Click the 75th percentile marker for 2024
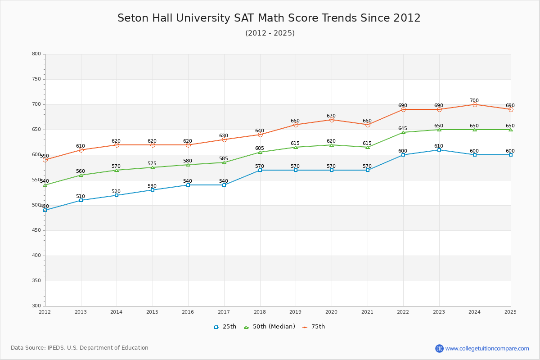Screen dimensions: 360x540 475,104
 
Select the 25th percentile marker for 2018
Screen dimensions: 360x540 260,170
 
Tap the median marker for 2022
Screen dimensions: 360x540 403,132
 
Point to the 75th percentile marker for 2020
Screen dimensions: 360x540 332,120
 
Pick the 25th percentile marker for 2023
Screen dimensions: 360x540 439,150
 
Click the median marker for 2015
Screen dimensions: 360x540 153,167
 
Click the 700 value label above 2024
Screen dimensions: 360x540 474,101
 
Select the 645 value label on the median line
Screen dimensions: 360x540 403,129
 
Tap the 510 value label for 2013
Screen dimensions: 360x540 81,197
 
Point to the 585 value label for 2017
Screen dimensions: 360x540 224,159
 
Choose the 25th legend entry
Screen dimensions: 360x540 225,327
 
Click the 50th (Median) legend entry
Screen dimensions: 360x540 270,327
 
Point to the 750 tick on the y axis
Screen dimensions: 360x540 36,79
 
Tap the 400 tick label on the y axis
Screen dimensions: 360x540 36,256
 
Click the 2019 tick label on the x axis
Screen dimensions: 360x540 296,312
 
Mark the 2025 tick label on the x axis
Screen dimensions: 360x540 510,312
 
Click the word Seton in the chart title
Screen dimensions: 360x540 133,18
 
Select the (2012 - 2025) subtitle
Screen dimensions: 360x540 270,33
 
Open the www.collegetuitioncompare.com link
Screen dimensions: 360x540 487,348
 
